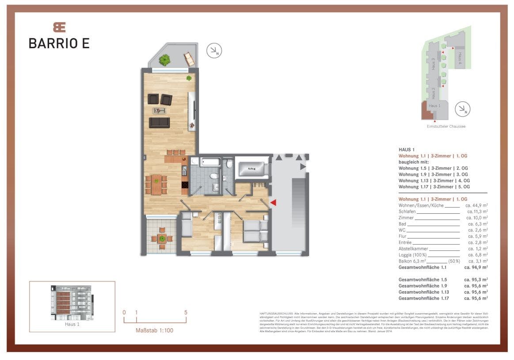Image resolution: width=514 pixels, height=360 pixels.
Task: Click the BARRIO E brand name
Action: (x=59, y=43)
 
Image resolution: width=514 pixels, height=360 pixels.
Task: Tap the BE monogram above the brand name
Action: (x=59, y=27)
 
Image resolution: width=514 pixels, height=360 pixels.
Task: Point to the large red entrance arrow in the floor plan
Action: (x=273, y=203)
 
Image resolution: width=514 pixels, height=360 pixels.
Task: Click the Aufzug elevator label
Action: (x=251, y=169)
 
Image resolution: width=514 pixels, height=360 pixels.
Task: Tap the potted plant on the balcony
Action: (x=165, y=59)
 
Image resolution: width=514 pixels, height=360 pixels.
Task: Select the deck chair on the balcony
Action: (x=189, y=59)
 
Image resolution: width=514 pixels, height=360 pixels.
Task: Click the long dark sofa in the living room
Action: (x=159, y=122)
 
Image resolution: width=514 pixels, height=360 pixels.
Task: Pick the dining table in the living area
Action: (x=156, y=185)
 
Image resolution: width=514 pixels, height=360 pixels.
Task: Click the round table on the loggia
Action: (x=162, y=239)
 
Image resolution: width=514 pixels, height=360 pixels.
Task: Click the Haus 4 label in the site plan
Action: (x=460, y=58)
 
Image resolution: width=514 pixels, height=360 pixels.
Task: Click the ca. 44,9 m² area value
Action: (x=476, y=205)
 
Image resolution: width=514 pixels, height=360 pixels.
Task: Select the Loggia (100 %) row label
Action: (x=413, y=255)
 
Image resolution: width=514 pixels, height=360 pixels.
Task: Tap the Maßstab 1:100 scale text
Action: (x=155, y=330)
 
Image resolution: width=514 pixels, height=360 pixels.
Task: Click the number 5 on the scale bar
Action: (x=186, y=312)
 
